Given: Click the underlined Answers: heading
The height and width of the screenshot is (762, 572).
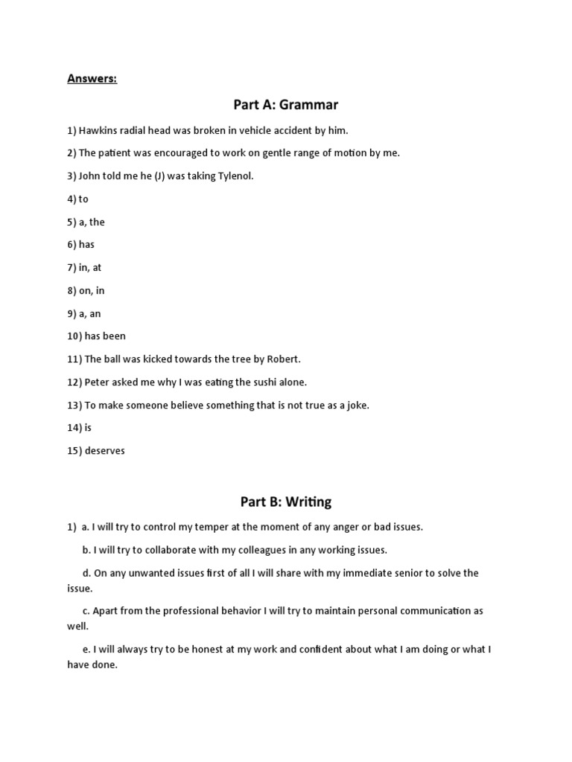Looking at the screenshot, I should (x=92, y=79).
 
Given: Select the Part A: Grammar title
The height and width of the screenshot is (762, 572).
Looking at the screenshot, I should (x=286, y=105).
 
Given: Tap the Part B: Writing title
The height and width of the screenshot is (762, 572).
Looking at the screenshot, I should (x=286, y=502).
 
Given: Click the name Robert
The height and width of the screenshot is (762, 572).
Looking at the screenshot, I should (x=284, y=359).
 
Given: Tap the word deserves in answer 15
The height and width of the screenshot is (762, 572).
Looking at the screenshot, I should (x=105, y=450).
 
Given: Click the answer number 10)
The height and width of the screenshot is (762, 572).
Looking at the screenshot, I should (x=74, y=336).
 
